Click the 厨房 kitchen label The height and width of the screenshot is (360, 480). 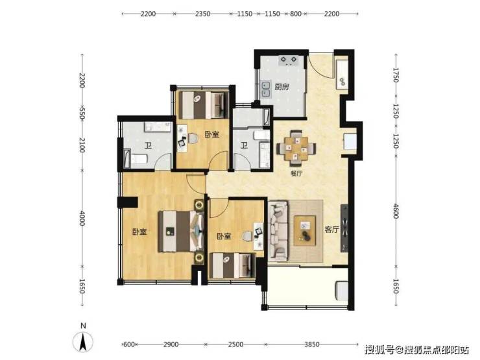pos(282,87)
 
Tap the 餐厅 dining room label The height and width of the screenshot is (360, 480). pos(296,174)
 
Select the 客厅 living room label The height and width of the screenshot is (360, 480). pos(332,229)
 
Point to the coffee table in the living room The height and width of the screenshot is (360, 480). pos(305,230)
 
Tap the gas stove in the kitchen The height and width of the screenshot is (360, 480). pos(288,60)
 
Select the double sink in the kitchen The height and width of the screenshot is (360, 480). pos(265,89)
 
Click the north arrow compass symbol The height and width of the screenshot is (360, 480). pos(82,341)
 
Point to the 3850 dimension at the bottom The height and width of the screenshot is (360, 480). pos(311,344)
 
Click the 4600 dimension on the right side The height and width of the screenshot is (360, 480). pos(396,211)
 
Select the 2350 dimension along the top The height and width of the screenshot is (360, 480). pos(202,14)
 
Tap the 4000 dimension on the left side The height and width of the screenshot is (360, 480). pos(82,218)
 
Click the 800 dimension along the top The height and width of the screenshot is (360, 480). pos(295,14)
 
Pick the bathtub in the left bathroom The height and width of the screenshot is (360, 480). pos(136,159)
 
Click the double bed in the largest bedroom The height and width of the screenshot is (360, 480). pos(181,232)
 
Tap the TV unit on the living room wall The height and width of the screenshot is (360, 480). pos(344,228)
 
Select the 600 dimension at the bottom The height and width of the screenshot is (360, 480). pos(128,344)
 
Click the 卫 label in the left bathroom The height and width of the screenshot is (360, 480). pos(149,145)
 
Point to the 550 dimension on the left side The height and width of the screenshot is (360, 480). pos(82,113)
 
